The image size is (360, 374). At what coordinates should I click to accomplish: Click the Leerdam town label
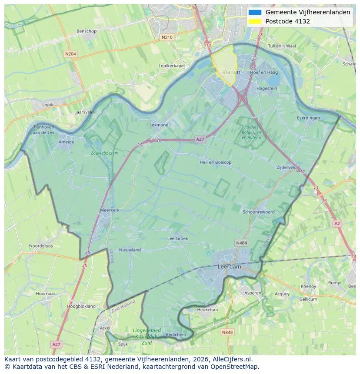pos(229,267)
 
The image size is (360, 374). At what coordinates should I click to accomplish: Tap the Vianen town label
pos(231,72)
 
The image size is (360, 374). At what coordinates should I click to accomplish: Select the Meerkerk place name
pos(110,210)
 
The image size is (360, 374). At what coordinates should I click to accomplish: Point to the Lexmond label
pos(159,125)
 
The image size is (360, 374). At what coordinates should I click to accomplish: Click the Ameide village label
pos(66,142)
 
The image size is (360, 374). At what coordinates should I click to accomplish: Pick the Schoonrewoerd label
pos(259,212)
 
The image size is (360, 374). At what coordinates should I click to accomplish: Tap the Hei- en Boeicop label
pos(215,162)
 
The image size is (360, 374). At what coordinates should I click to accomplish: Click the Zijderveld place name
pos(287,167)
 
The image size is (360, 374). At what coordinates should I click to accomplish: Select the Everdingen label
pos(308,118)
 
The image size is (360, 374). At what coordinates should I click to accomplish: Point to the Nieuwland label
pos(130,250)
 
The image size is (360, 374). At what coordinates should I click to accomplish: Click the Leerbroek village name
pos(177,238)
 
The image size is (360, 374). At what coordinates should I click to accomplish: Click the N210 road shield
pos(167,37)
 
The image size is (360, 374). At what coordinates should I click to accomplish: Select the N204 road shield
pos(70,54)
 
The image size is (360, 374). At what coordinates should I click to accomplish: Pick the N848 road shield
pos(227,332)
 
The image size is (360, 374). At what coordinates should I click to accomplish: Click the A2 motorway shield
pos(337,223)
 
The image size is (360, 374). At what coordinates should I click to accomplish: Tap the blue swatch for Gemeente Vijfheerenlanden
pos(255,13)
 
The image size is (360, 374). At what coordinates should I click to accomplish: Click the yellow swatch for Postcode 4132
pos(255,21)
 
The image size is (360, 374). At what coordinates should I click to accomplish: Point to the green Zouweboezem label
pos(104,153)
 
